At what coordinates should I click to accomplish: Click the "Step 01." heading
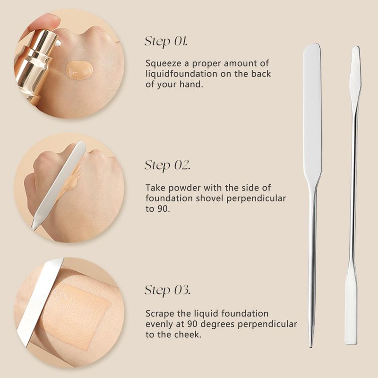click(166, 42)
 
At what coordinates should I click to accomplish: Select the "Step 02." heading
click(167, 166)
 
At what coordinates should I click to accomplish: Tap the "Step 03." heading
click(167, 290)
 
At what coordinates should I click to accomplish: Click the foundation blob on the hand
click(79, 69)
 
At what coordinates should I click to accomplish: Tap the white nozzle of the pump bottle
click(58, 43)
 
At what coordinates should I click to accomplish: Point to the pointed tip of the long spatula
click(311, 346)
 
